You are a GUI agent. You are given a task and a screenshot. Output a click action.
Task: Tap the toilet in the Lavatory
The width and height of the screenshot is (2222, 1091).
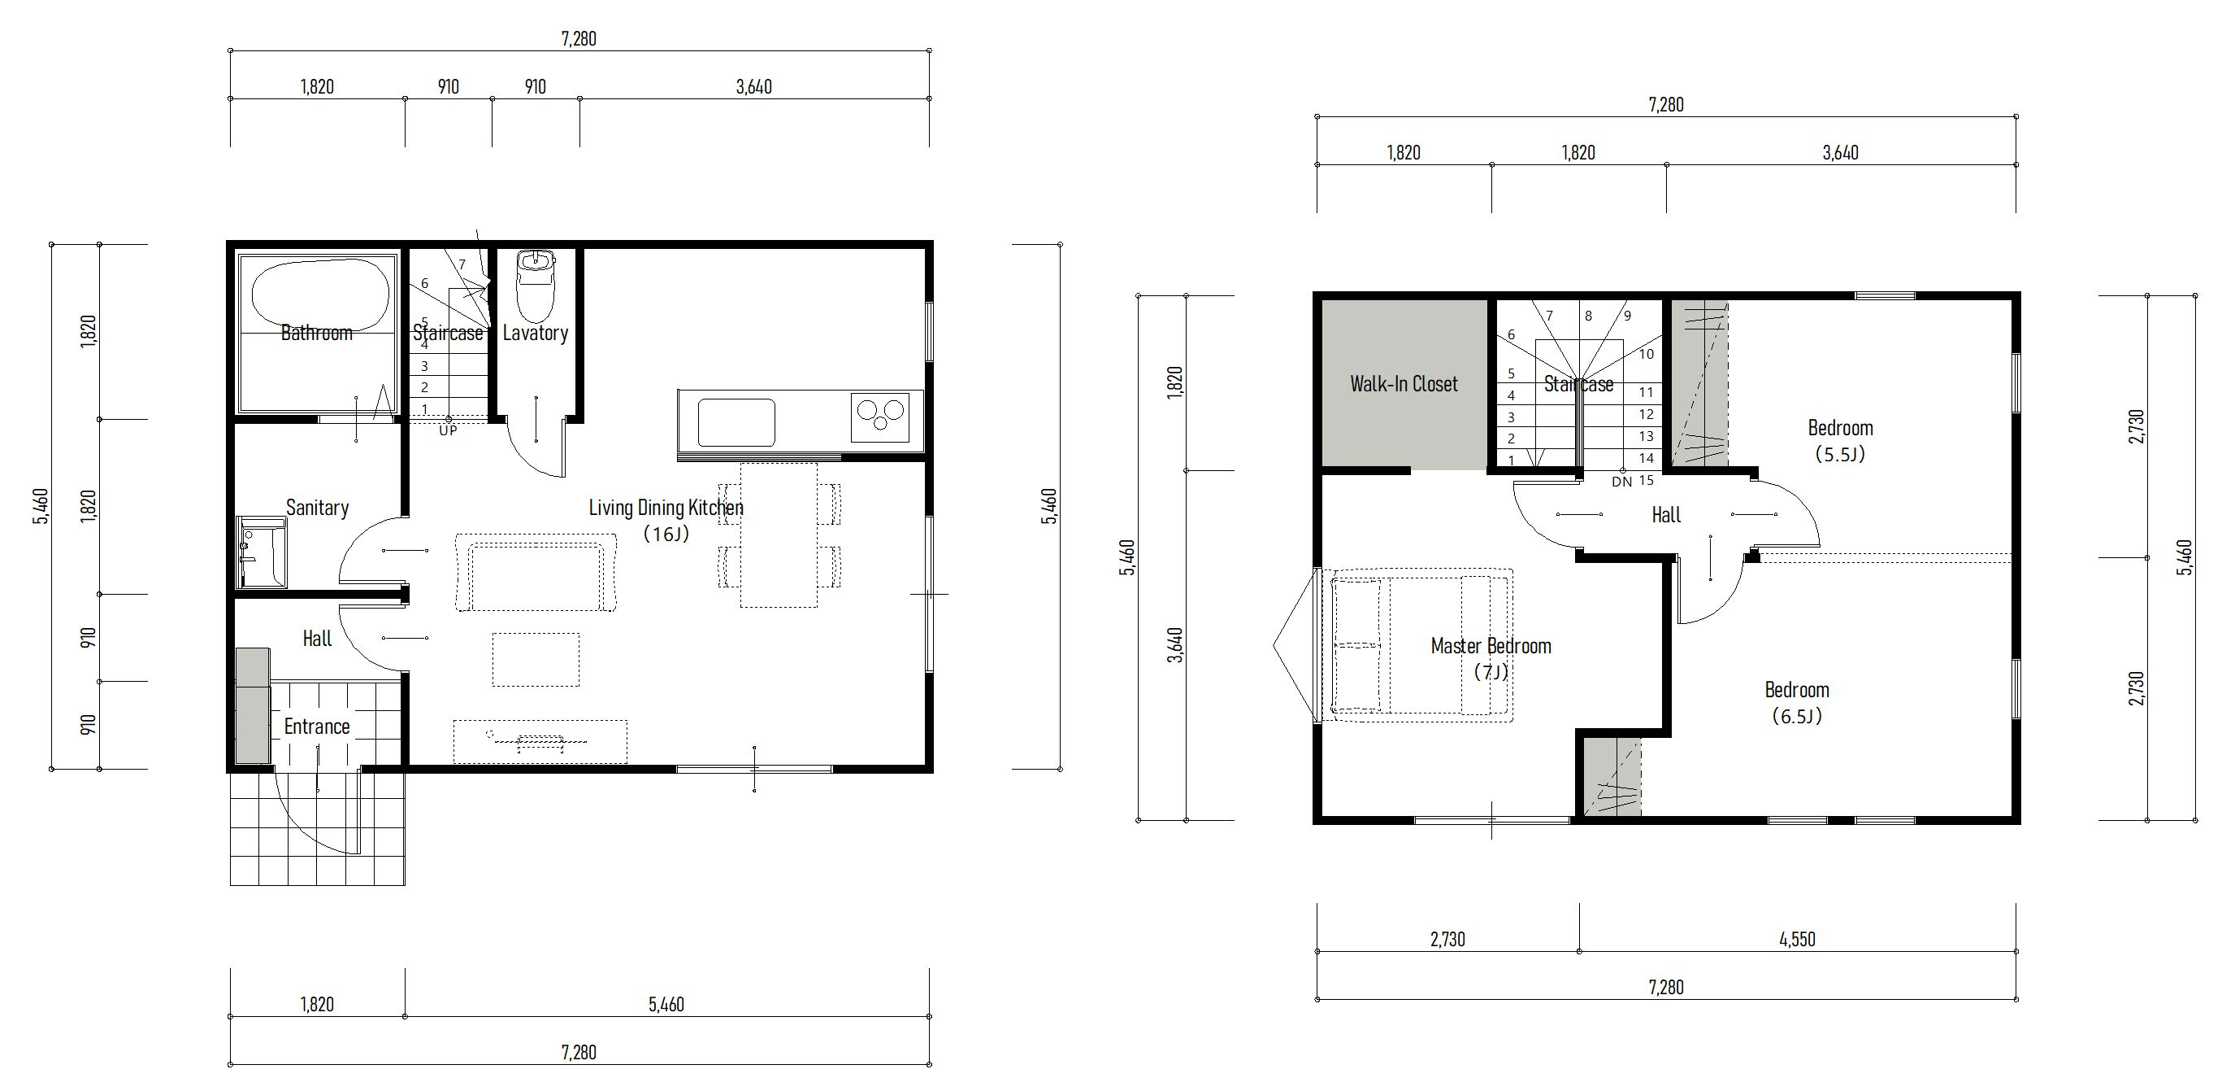[x=536, y=285]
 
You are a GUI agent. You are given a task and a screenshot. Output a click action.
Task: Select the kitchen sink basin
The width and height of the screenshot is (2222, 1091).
[x=736, y=422]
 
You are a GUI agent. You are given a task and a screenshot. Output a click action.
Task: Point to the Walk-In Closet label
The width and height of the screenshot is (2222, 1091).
[x=1404, y=384]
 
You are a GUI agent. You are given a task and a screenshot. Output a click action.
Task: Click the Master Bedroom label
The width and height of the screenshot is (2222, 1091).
[x=1491, y=646]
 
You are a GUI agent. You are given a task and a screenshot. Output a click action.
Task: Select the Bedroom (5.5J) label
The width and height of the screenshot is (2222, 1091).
[x=1840, y=440]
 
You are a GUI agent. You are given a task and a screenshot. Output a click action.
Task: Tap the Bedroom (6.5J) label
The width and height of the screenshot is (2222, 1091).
[x=1797, y=703]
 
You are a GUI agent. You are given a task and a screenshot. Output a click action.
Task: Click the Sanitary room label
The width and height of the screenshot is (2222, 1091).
[x=318, y=508]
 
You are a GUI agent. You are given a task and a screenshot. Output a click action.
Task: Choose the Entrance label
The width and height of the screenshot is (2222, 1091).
[x=317, y=727]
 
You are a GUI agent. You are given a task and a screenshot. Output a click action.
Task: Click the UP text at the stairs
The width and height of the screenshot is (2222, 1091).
[x=448, y=430]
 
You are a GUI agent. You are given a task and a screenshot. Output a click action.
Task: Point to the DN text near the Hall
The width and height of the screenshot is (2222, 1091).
[x=1621, y=482]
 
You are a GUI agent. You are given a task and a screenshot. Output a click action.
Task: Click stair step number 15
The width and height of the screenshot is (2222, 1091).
[x=1646, y=480]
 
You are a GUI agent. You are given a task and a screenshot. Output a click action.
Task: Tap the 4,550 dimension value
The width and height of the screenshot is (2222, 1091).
[x=1797, y=939]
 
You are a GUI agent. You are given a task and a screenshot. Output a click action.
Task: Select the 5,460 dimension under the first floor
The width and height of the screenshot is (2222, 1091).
[x=666, y=1005]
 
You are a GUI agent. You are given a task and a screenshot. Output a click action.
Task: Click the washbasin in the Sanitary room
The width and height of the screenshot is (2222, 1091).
[x=261, y=552]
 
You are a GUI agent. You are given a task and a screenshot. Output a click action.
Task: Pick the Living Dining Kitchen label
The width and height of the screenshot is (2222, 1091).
[x=666, y=508]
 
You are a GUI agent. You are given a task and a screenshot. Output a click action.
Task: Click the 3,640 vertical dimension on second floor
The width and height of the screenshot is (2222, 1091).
[x=1175, y=645]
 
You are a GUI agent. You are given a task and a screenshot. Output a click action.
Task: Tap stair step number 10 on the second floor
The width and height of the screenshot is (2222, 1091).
[x=1646, y=354]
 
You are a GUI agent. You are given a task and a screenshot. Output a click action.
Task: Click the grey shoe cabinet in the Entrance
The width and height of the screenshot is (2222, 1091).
[x=253, y=706]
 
